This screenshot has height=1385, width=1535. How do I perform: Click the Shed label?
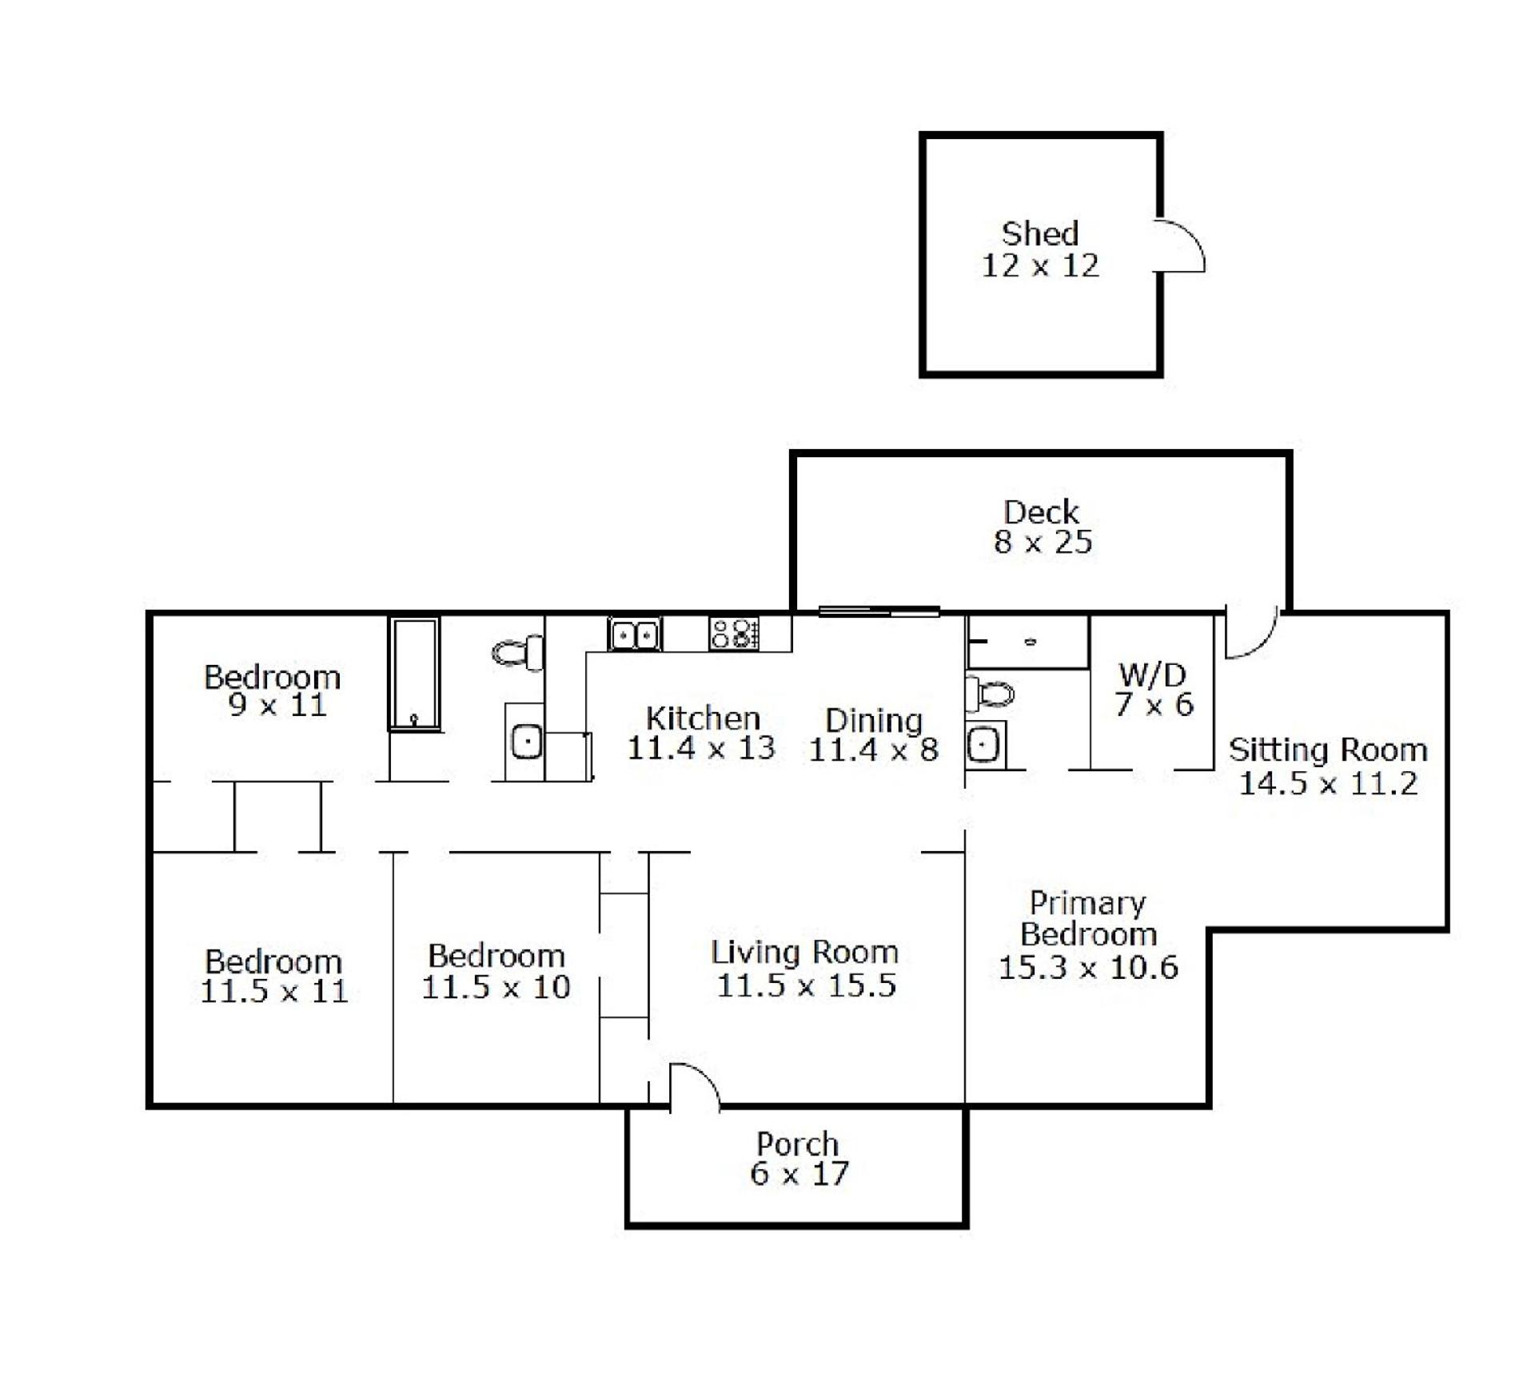pos(1040,233)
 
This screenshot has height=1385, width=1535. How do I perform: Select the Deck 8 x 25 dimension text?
pos(1043,542)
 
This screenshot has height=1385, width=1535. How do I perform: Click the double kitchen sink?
pos(635,635)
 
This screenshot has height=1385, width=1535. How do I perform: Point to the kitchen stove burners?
pos(733,634)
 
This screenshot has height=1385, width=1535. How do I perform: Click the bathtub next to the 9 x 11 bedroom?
pos(414,673)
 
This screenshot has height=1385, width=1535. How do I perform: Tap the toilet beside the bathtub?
pos(518,653)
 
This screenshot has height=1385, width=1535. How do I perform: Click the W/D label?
pos(1152,675)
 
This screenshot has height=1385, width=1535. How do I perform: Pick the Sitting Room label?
pos(1328,750)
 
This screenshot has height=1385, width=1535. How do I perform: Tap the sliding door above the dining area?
pos(879,612)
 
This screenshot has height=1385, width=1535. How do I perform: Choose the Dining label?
pos(874,720)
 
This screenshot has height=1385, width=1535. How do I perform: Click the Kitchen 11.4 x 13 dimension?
pos(701,748)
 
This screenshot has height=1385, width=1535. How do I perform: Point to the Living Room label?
pos(805,952)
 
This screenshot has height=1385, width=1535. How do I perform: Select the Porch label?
pos(798,1144)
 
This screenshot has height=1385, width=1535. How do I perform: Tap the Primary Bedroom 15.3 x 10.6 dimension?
pos(1088,967)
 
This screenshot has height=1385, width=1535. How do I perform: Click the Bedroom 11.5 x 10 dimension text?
pos(496,987)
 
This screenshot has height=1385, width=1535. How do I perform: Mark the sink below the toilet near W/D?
pos(983,746)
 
